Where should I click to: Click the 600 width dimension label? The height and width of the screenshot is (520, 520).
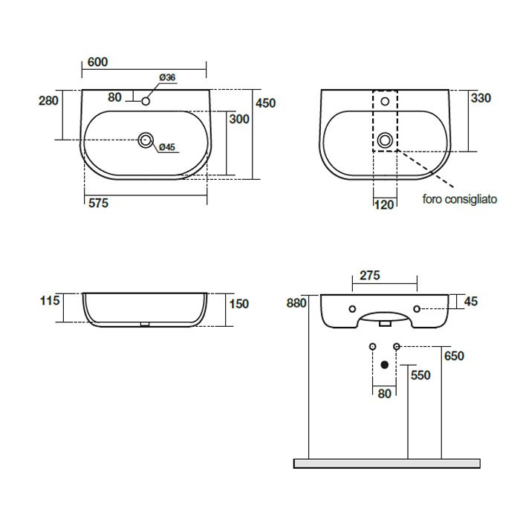[97, 62]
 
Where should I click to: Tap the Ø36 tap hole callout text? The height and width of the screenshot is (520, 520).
[167, 77]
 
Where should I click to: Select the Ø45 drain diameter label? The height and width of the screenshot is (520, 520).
[167, 147]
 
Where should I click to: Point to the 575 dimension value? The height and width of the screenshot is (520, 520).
[99, 203]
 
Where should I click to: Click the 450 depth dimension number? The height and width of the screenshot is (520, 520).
[266, 103]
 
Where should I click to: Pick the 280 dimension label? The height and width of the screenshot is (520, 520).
[48, 101]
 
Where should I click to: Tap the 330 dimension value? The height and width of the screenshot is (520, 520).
[481, 98]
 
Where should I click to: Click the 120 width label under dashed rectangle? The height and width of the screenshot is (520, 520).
[384, 204]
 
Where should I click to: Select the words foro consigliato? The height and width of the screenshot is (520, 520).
[460, 199]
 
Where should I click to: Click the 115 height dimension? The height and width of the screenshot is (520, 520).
[50, 300]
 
